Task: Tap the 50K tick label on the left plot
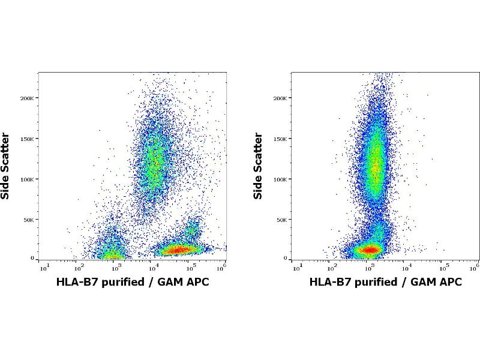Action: point(29,220)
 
